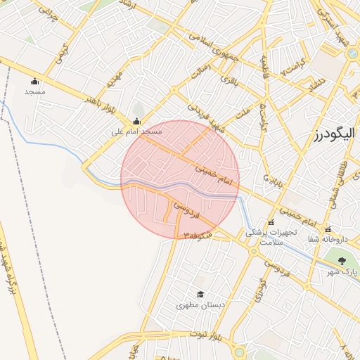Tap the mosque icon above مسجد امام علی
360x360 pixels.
136,120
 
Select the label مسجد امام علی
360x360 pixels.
136,131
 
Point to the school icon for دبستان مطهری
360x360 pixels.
200,295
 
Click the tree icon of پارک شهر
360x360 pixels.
342,261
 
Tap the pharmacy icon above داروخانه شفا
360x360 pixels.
328,230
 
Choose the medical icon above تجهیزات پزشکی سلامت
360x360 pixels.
271,222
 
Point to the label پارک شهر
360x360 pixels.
345,271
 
